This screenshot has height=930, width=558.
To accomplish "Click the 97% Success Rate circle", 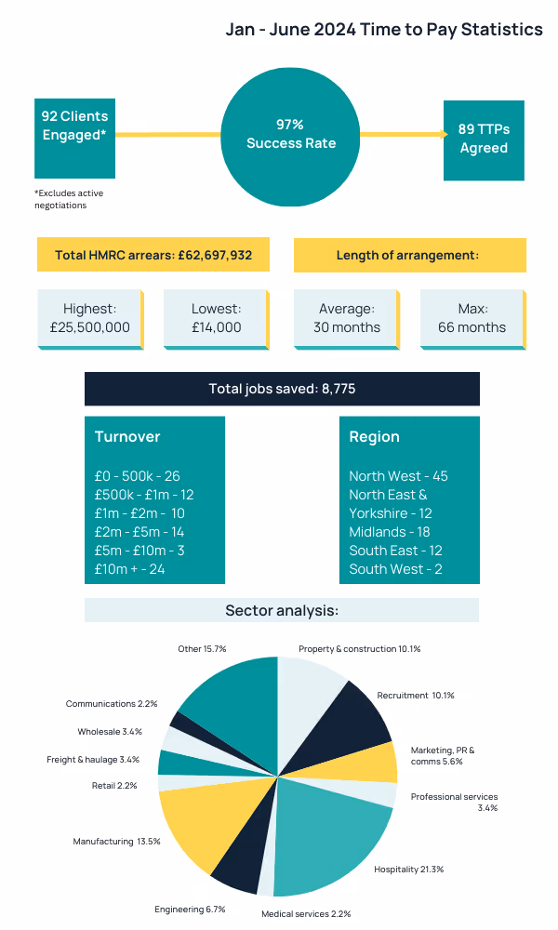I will click(x=291, y=133).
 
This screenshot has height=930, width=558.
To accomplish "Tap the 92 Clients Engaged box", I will click(x=74, y=139).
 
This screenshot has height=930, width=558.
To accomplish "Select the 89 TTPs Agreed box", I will click(x=484, y=139).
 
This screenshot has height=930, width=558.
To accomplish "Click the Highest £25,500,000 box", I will click(x=90, y=318).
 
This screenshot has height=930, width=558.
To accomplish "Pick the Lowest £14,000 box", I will click(x=216, y=318).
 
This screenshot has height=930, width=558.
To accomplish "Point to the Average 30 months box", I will click(x=347, y=318).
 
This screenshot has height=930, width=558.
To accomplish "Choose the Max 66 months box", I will click(x=472, y=318).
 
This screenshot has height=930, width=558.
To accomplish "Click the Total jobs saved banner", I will click(x=282, y=389).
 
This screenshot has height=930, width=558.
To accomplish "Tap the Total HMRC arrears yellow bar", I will click(x=153, y=255).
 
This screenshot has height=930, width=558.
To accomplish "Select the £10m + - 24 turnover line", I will click(x=130, y=568).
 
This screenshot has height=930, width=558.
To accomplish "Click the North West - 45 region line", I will click(x=398, y=476).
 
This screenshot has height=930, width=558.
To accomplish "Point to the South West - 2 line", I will click(x=395, y=568).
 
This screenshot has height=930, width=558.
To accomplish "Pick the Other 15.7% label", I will click(x=202, y=647).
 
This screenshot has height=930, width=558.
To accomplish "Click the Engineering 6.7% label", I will click(x=190, y=909).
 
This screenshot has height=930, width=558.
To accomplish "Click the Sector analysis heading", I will click(x=282, y=611).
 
